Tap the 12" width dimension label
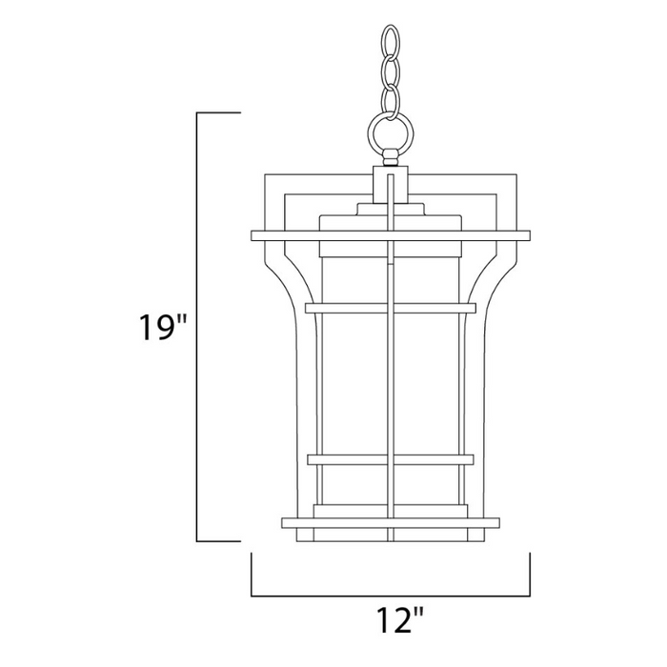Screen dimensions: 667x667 [x=392, y=623]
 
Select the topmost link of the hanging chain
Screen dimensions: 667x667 [x=389, y=41]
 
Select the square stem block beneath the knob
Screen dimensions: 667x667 [x=391, y=182]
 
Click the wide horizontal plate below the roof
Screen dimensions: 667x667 [x=391, y=234]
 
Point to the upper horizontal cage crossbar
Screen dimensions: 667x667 [x=391, y=308]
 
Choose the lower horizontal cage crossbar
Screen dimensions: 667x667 [x=391, y=460]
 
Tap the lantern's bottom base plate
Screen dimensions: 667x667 [x=391, y=522]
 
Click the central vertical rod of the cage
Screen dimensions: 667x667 [x=391, y=381]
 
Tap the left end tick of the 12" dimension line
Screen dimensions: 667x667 [x=252, y=575]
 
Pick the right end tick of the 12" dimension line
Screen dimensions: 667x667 [x=530, y=575]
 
